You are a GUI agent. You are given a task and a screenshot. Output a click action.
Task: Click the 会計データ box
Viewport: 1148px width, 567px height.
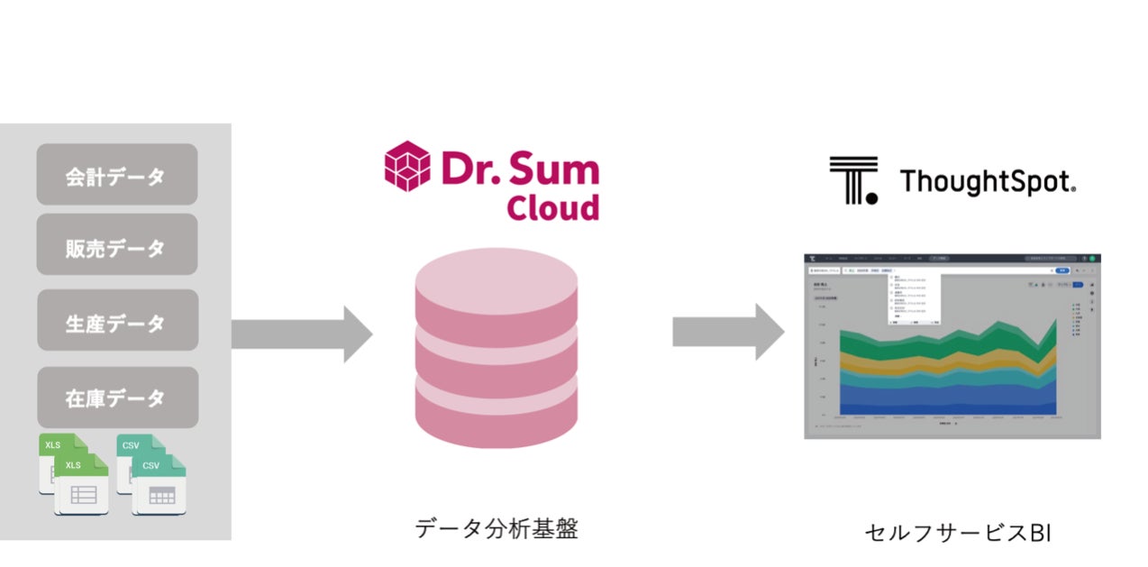coord(116,175)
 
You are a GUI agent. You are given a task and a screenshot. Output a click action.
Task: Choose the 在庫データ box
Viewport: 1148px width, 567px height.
coord(116,397)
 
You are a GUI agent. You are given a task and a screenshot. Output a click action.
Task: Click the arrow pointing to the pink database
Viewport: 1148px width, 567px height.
coord(301,334)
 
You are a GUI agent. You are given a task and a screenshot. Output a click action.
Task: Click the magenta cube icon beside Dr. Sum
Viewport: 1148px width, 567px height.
coord(407,168)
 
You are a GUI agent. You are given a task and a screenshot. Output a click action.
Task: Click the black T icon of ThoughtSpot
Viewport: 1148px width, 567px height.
coord(852,179)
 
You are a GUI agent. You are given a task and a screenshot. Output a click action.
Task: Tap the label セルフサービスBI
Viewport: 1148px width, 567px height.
coord(957,533)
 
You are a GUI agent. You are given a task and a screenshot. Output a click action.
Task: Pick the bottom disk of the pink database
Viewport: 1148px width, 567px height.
coord(495,415)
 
